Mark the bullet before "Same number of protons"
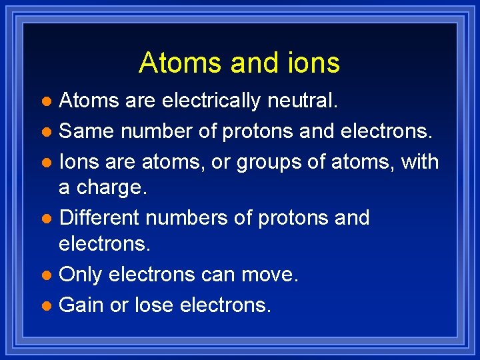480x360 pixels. pyautogui.click(x=46, y=133)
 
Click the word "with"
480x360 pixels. pyautogui.click(x=419, y=161)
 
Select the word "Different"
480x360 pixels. pyautogui.click(x=99, y=218)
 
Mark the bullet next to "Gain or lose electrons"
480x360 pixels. pyautogui.click(x=46, y=306)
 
